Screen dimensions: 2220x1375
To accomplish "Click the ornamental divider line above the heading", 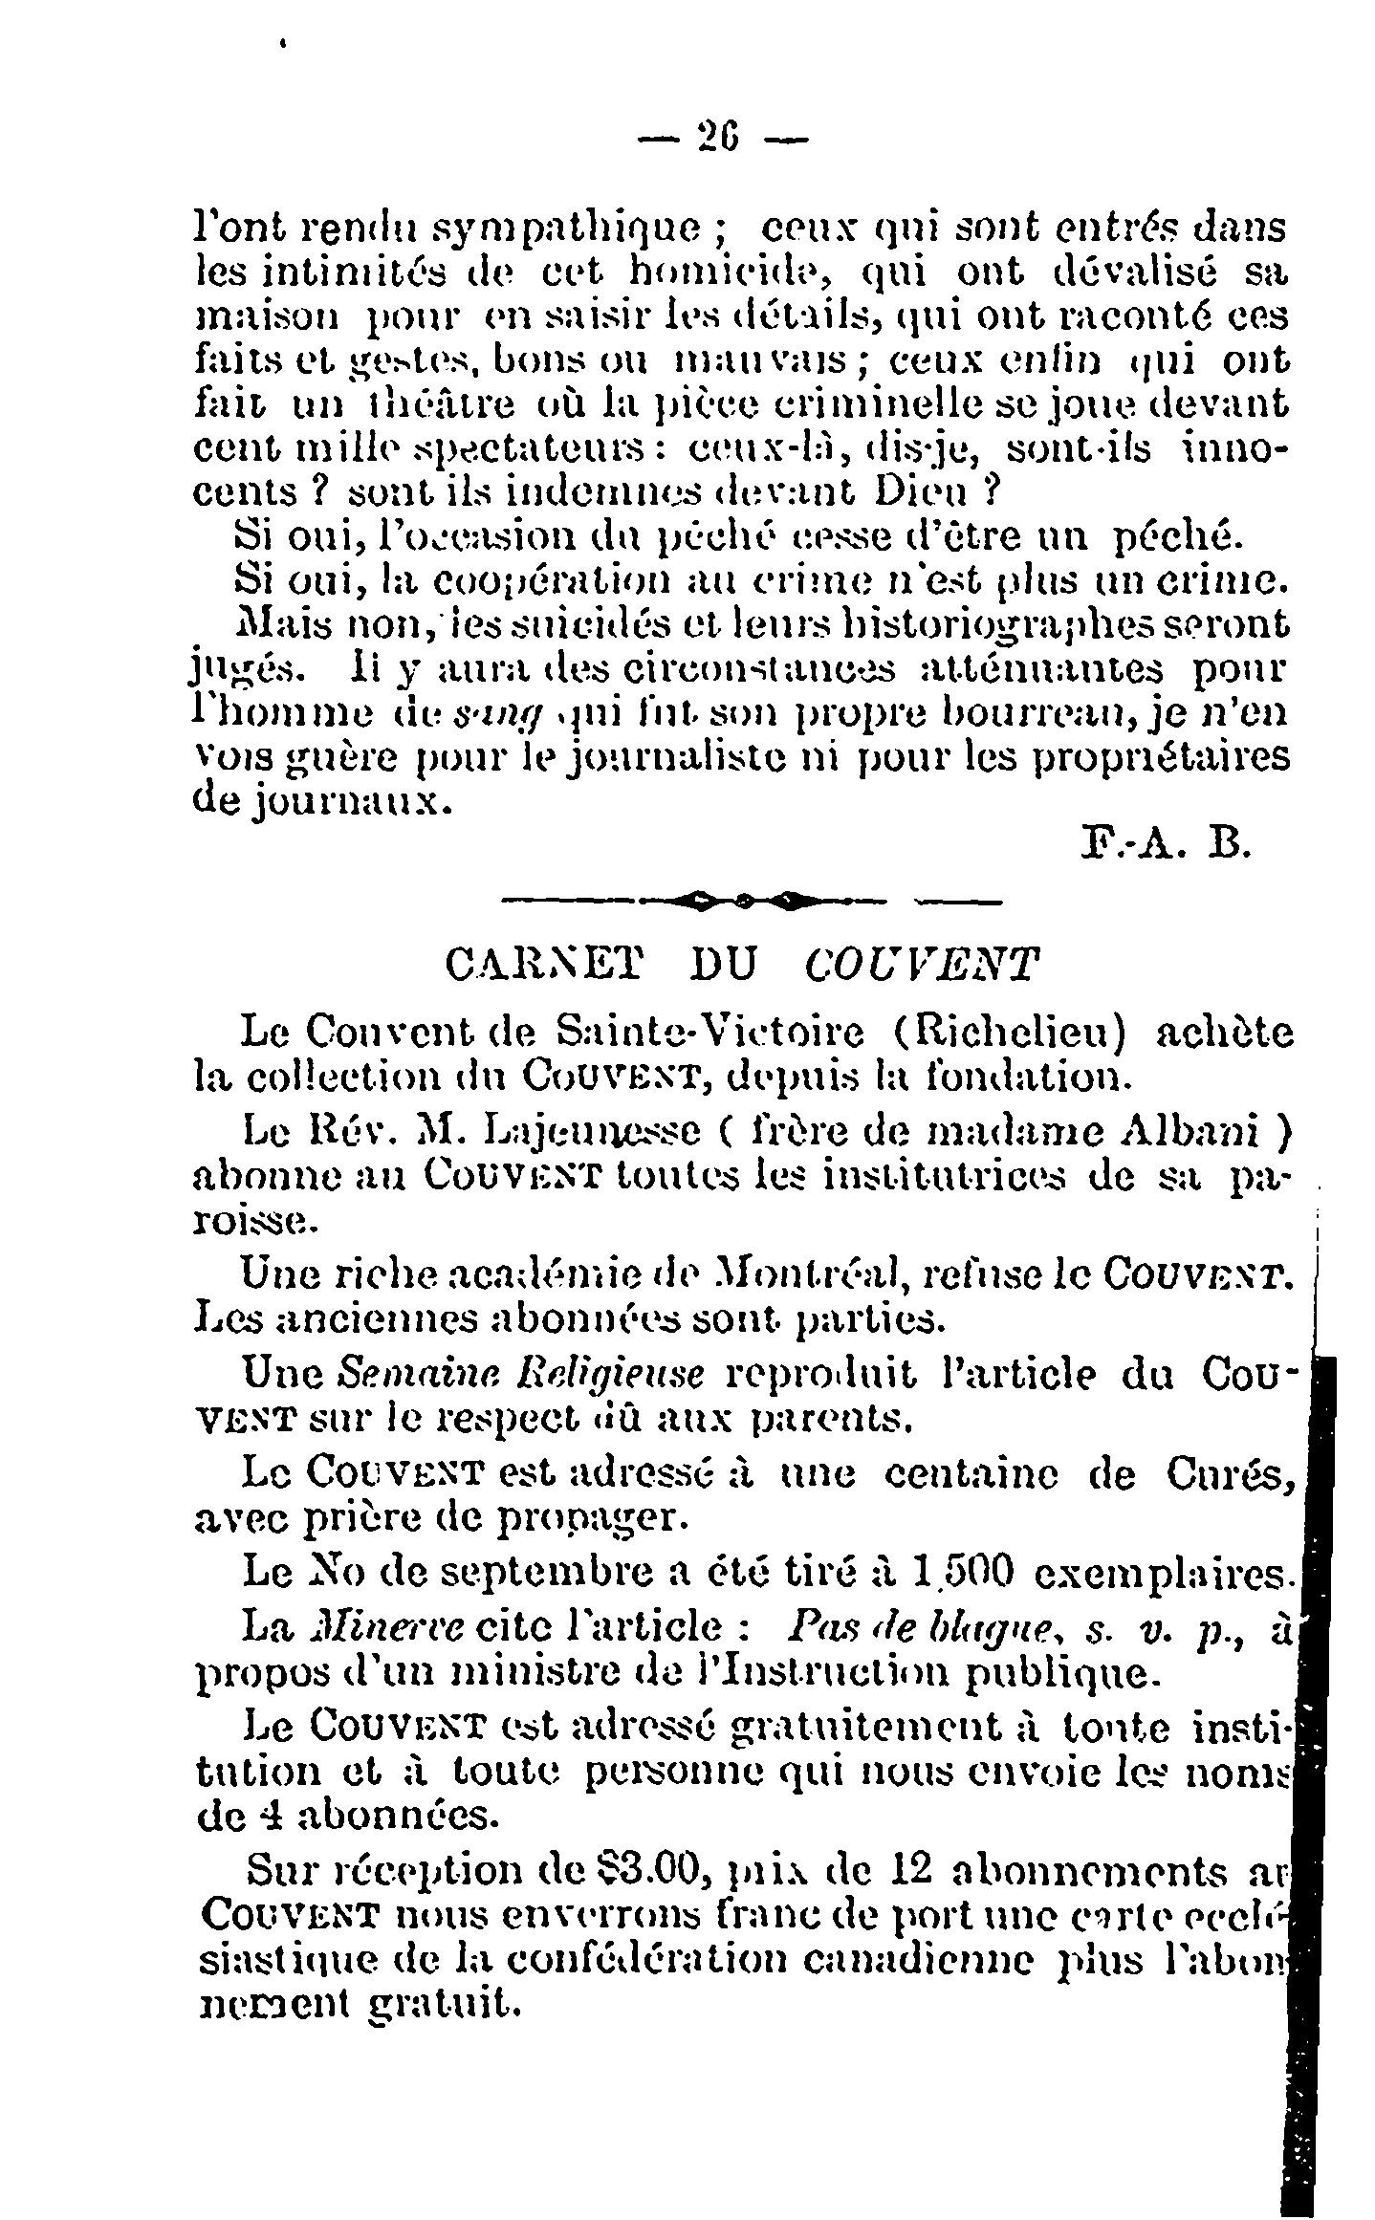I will [750, 900].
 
